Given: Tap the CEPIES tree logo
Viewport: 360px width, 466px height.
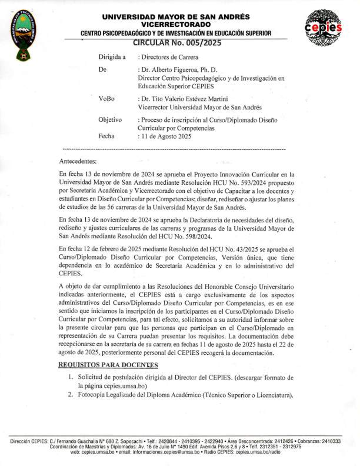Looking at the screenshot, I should [x=323, y=27].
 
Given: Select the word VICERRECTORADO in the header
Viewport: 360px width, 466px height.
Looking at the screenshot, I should [x=176, y=24].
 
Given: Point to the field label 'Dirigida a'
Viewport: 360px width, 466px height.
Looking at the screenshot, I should [x=112, y=57].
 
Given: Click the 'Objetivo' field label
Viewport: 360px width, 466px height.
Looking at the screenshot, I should [x=110, y=120].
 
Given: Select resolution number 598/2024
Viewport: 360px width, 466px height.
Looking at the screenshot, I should [x=198, y=237].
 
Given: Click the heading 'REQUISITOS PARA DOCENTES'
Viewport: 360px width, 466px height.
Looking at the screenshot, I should [x=108, y=365].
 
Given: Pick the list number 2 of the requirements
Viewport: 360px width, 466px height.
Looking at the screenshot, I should [x=71, y=395].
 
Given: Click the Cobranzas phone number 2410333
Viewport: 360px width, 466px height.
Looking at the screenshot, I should [x=331, y=441].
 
